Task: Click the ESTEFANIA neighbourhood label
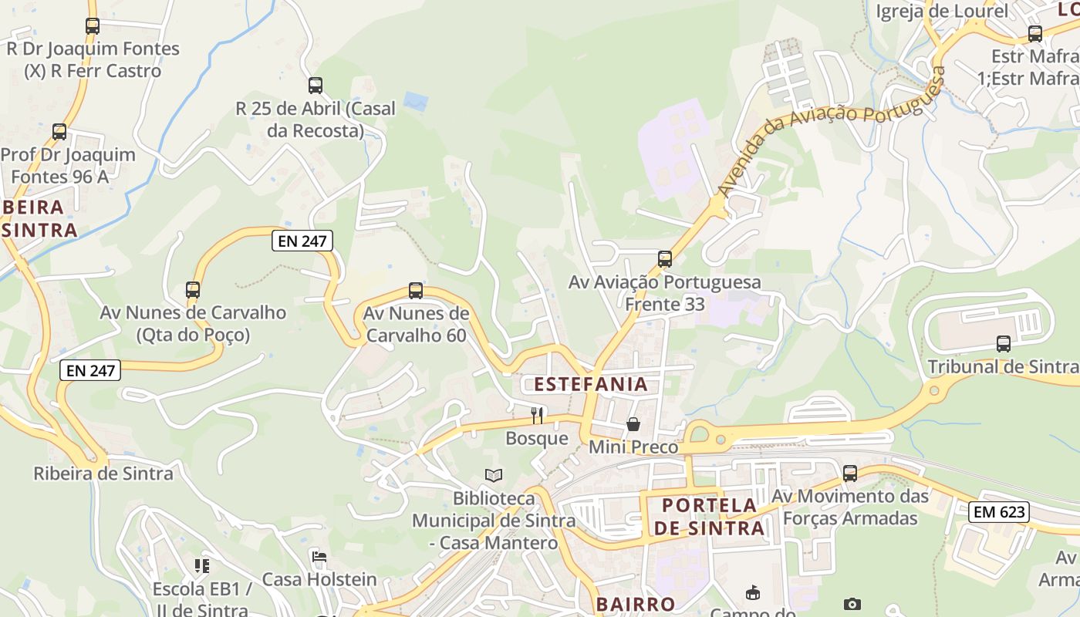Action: pyautogui.click(x=591, y=384)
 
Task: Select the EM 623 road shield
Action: pyautogui.click(x=999, y=511)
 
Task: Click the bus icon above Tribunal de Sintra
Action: pyautogui.click(x=1004, y=344)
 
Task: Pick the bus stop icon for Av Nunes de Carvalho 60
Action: pyautogui.click(x=416, y=291)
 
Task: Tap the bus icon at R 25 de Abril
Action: pyautogui.click(x=316, y=86)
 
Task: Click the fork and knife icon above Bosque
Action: pyautogui.click(x=537, y=416)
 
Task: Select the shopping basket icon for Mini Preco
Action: pyautogui.click(x=633, y=424)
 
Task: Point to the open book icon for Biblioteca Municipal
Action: pyautogui.click(x=494, y=476)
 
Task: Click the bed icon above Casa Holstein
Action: pyautogui.click(x=319, y=557)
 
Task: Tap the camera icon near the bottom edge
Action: pyautogui.click(x=852, y=604)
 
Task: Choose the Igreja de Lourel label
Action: pyautogui.click(x=942, y=11)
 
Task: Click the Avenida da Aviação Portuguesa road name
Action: pyautogui.click(x=830, y=132)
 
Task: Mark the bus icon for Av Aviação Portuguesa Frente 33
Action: pyautogui.click(x=665, y=259)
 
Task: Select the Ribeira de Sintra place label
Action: pyautogui.click(x=103, y=474)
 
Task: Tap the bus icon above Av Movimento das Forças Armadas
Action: pyautogui.click(x=850, y=474)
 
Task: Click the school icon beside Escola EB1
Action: pyautogui.click(x=202, y=567)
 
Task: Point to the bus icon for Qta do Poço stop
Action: pyautogui.click(x=193, y=290)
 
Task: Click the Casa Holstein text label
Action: pyautogui.click(x=319, y=579)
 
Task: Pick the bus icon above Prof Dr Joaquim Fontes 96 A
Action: pyautogui.click(x=59, y=132)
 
